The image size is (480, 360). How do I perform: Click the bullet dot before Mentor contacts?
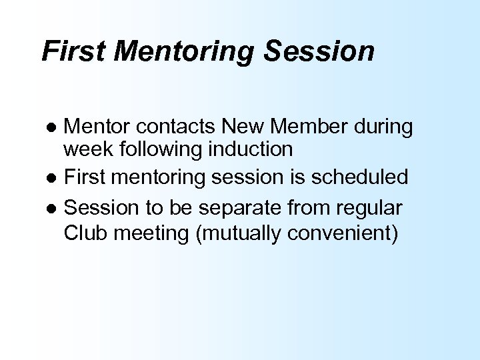[56, 127]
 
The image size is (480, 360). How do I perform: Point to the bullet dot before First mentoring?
[56, 179]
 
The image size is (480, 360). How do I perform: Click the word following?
[158, 149]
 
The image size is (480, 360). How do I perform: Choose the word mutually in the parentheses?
[239, 235]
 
